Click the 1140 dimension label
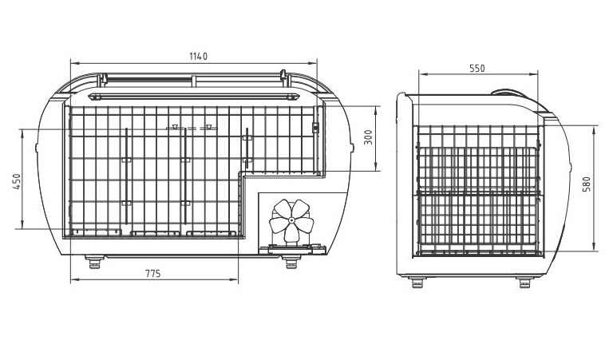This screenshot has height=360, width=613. pyautogui.click(x=198, y=57)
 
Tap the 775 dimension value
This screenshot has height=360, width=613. pyautogui.click(x=153, y=274)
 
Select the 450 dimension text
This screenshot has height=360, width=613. pyautogui.click(x=17, y=181)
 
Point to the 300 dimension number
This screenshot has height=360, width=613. pyautogui.click(x=368, y=137)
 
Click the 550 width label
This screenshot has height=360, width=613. pyautogui.click(x=477, y=69)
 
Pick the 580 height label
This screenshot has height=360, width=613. pyautogui.click(x=587, y=184)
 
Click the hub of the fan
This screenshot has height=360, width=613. pyautogui.click(x=291, y=221)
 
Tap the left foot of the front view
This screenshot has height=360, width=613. pyautogui.click(x=94, y=262)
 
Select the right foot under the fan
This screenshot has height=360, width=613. pyautogui.click(x=291, y=262)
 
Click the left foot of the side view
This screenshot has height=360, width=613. pyautogui.click(x=418, y=282)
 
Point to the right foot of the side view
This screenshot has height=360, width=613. pyautogui.click(x=524, y=282)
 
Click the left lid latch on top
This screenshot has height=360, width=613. pyautogui.click(x=105, y=79)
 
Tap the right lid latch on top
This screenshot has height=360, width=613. pyautogui.click(x=283, y=75)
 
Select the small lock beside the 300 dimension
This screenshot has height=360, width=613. pyautogui.click(x=315, y=128)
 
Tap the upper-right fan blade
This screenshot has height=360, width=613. pyautogui.click(x=303, y=208)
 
